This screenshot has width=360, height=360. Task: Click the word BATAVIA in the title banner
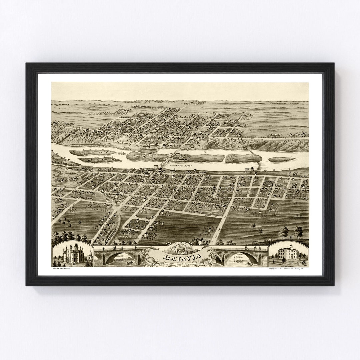pos(180,257)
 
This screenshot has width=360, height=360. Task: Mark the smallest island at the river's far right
pos(281,159)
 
